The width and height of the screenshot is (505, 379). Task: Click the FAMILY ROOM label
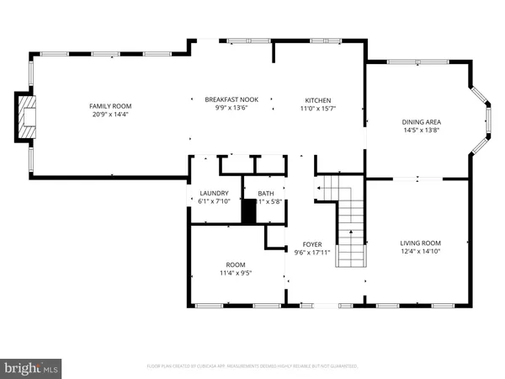[x=110, y=105]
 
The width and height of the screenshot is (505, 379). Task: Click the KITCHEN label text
[x=317, y=99]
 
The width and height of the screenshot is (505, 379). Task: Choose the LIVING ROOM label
[x=420, y=243]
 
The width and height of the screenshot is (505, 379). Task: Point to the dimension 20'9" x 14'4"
[x=110, y=114]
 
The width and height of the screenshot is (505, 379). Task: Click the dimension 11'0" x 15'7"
[x=317, y=108]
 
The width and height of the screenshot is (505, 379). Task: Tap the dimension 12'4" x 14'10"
[x=420, y=251]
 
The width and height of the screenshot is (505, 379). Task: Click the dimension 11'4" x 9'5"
[x=235, y=273]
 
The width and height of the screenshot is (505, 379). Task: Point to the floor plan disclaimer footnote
[x=252, y=366]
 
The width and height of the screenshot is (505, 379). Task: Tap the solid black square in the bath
[x=248, y=211]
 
